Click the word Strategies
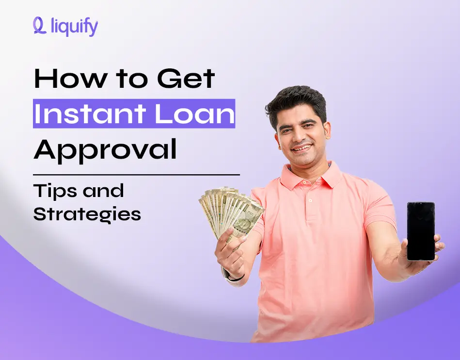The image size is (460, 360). pyautogui.click(x=87, y=213)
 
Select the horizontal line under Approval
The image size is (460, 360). pyautogui.click(x=136, y=174)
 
